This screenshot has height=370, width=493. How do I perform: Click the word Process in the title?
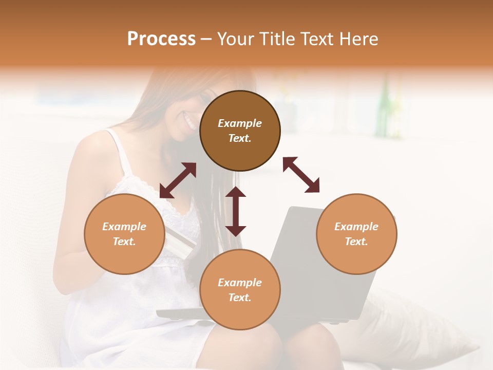(x=161, y=39)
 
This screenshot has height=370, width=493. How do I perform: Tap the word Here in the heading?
(x=357, y=39)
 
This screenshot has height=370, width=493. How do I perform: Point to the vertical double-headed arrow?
(x=236, y=211)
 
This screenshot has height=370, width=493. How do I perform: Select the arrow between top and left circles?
(x=178, y=180)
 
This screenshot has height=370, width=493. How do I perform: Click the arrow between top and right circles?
(x=301, y=175)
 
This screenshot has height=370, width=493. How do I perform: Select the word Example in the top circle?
(x=240, y=123)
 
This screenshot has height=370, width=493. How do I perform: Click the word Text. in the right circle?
(x=356, y=242)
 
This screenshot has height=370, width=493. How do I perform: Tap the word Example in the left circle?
(x=124, y=227)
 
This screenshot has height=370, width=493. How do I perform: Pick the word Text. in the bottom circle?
(x=240, y=298)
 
